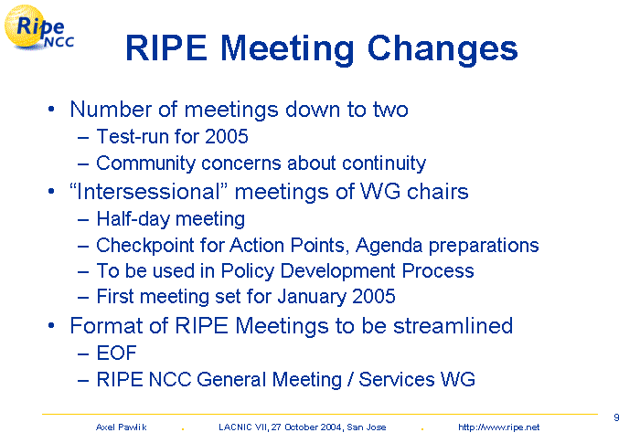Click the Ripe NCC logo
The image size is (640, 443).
38,27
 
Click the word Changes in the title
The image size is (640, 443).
443,49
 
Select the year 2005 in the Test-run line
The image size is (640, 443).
227,136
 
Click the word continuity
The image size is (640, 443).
384,163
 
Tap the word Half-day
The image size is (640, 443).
133,219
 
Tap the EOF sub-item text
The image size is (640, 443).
116,353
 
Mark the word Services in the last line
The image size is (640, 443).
397,379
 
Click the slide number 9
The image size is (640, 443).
616,417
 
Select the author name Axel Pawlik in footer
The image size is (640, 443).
122,427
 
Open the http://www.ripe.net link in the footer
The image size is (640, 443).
499,427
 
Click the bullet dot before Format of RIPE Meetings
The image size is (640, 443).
51,326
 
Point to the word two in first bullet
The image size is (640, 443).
390,110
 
